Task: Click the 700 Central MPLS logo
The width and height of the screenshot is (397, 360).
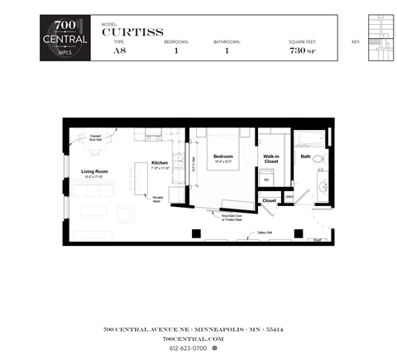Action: (x=65, y=39)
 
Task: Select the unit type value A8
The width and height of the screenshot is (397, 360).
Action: (x=119, y=51)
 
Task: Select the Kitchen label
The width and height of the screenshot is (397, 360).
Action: (x=159, y=163)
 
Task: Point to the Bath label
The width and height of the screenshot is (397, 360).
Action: (x=305, y=156)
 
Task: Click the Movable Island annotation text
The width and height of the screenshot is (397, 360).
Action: (x=157, y=199)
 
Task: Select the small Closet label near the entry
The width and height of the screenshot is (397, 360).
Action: (x=269, y=200)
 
